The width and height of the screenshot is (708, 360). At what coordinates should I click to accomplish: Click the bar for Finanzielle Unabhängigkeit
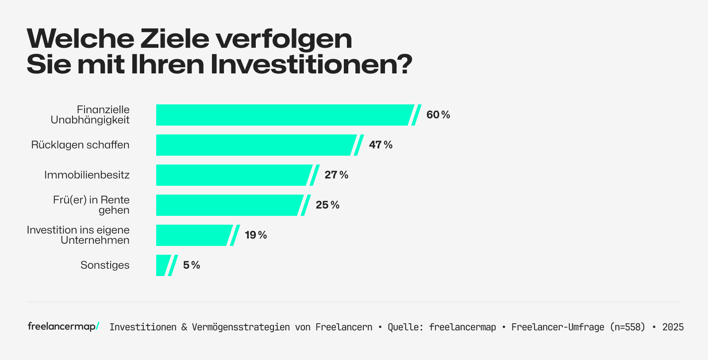pyautogui.click(x=283, y=115)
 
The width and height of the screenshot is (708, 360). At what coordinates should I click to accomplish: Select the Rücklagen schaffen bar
pyautogui.click(x=254, y=145)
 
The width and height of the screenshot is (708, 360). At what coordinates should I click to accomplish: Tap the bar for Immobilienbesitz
pyautogui.click(x=232, y=175)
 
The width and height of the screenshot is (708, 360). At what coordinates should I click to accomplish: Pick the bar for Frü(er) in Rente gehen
pyautogui.click(x=228, y=205)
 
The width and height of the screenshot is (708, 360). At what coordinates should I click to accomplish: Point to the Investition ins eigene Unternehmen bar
pyautogui.click(x=192, y=235)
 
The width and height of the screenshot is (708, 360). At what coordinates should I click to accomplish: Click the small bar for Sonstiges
pyautogui.click(x=162, y=265)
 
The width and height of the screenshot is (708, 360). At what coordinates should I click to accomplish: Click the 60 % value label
pyautogui.click(x=438, y=115)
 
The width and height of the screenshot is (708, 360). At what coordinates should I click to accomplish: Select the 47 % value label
pyautogui.click(x=381, y=145)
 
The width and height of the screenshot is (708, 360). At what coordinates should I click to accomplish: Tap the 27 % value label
pyautogui.click(x=336, y=175)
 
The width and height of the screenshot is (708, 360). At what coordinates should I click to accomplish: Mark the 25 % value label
pyautogui.click(x=327, y=205)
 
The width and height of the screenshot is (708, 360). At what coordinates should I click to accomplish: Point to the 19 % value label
pyautogui.click(x=256, y=235)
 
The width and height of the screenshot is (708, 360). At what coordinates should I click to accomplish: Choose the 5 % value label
pyautogui.click(x=192, y=265)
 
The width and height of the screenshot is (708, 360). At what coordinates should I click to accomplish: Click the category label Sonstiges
pyautogui.click(x=105, y=265)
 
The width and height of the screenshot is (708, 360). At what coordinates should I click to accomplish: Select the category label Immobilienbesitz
pyautogui.click(x=87, y=175)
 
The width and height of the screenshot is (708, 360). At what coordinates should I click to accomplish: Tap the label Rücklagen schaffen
pyautogui.click(x=80, y=145)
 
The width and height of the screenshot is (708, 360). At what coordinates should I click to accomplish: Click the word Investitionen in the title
pyautogui.click(x=311, y=64)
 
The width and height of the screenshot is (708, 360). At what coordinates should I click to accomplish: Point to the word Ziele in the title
pyautogui.click(x=175, y=39)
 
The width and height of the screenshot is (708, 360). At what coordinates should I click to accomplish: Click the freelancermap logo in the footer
pyautogui.click(x=63, y=326)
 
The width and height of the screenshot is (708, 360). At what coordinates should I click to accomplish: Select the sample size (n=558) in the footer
pyautogui.click(x=627, y=327)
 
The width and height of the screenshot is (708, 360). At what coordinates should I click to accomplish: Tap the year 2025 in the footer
pyautogui.click(x=673, y=327)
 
